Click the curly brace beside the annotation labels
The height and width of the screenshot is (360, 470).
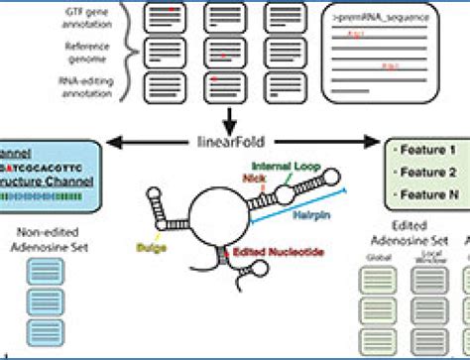tap(126, 51)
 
